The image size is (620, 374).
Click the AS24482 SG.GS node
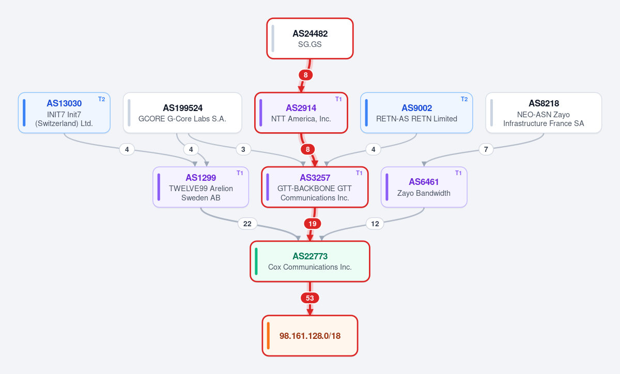click(x=309, y=38)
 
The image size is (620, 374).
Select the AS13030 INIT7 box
click(x=64, y=113)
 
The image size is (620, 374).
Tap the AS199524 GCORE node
click(x=182, y=113)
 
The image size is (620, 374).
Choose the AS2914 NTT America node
click(x=301, y=113)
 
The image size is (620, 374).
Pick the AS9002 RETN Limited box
click(x=416, y=113)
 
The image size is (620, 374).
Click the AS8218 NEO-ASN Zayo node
click(x=544, y=113)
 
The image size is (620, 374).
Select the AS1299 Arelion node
click(x=200, y=187)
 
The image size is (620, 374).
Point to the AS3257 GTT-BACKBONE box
click(x=315, y=187)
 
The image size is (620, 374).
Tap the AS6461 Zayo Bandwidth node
click(x=424, y=187)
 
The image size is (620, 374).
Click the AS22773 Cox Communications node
click(x=309, y=261)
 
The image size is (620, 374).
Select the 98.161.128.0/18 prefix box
click(x=309, y=336)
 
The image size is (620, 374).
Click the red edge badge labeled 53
click(x=309, y=298)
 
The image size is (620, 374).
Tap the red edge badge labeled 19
click(x=313, y=224)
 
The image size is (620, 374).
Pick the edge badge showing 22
click(x=247, y=224)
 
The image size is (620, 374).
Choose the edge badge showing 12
click(x=375, y=224)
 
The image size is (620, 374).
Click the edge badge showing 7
click(x=486, y=149)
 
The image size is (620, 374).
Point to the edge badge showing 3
click(x=243, y=149)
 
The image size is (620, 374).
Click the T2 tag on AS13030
click(x=102, y=99)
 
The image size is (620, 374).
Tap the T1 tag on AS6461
click(x=458, y=173)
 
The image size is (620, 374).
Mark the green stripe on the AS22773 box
click(x=256, y=261)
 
